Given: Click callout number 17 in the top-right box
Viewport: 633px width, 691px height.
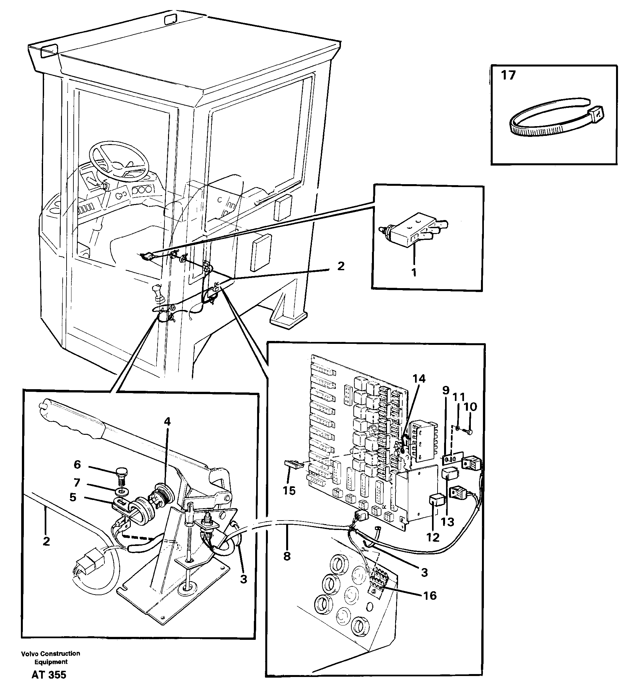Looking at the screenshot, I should point(508,75).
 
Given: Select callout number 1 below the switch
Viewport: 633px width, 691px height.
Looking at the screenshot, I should point(414,272).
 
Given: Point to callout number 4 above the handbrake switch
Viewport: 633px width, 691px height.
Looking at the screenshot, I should point(167,422).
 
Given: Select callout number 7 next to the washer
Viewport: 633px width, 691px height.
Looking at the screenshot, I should point(77,483).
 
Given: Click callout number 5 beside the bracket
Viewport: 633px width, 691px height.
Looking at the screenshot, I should point(73,497).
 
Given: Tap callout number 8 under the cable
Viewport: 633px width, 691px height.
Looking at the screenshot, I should point(287,556).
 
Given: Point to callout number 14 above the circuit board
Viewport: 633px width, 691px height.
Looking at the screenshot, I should point(419,379).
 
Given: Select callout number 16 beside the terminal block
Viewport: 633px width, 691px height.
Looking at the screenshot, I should point(430,596).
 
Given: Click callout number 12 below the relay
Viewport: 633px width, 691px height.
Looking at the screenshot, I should point(433,537).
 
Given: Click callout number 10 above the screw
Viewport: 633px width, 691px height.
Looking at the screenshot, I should point(471,407).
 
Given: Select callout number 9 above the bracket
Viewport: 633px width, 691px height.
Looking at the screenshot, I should point(445,390).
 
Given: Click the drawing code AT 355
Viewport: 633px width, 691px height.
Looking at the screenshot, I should point(49,675).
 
